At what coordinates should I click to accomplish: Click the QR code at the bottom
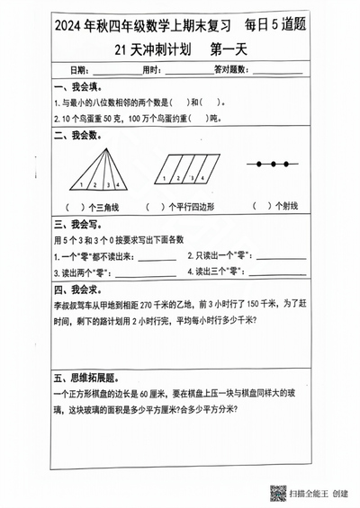tap(278, 493)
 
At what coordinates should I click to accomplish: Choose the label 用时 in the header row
tap(152, 70)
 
